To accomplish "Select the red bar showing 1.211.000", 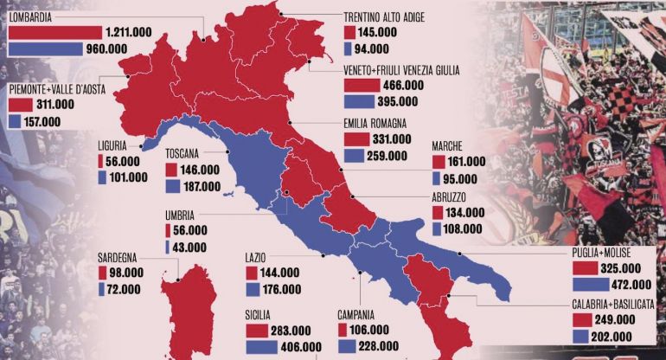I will [54, 32].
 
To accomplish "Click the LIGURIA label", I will [117, 146].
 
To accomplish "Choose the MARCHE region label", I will [451, 146].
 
